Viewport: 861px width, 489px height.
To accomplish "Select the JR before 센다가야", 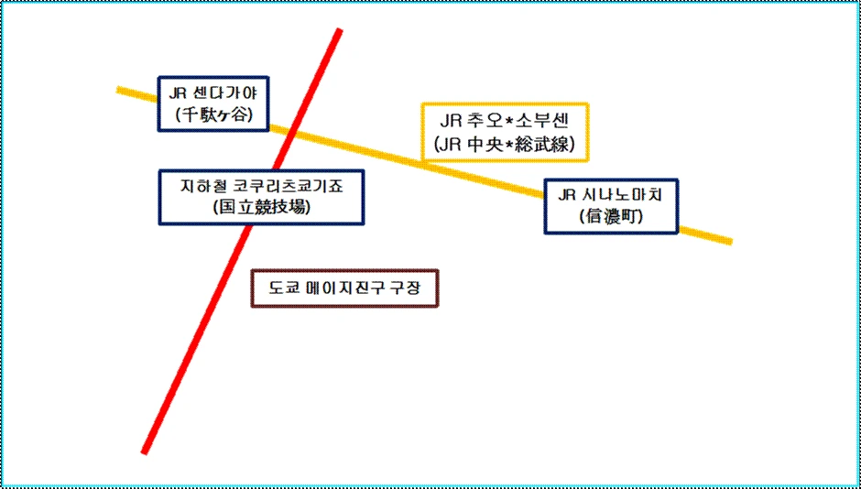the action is click(179, 92).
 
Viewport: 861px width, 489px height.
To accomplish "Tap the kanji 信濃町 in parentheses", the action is click(611, 217).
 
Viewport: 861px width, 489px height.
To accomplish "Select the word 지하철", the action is click(202, 185).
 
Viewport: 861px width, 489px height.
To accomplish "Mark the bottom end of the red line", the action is click(145, 451).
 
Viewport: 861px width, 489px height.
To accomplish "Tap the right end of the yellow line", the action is click(729, 242).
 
